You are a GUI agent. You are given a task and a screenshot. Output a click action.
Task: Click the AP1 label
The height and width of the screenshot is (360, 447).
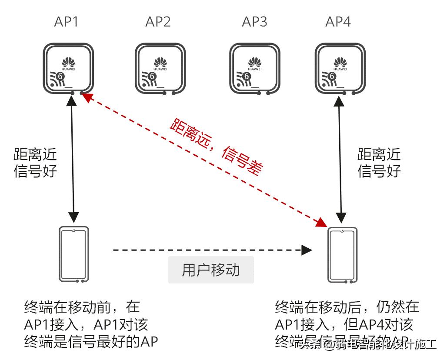tap(66, 22)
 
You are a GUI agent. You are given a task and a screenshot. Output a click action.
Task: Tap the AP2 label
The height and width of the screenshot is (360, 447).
tap(158, 22)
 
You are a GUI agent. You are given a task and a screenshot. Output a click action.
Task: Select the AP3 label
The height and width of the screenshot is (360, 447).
tap(254, 22)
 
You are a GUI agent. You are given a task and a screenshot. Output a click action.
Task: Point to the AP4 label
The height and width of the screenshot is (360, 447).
tap(338, 22)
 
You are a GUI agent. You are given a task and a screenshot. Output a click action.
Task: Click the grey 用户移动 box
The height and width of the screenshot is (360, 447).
tap(211, 270)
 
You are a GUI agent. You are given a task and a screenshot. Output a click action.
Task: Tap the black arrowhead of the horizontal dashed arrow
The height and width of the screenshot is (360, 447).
tap(307, 250)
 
